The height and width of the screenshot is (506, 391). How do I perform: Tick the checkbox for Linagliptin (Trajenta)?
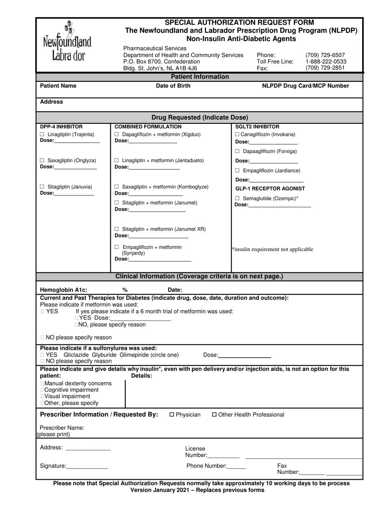(x=42, y=135)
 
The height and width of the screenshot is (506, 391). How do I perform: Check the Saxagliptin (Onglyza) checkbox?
(x=42, y=160)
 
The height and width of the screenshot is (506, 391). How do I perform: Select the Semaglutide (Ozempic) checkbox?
(x=237, y=198)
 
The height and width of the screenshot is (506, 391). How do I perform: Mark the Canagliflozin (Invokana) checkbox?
(x=237, y=135)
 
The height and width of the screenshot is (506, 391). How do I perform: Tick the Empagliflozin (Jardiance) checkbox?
(x=237, y=170)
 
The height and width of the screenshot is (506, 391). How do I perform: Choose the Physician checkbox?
(x=172, y=415)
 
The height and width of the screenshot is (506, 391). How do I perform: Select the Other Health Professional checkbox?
(x=214, y=415)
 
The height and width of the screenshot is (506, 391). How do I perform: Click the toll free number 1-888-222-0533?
(x=326, y=62)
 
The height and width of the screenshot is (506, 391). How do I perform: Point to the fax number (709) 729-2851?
(x=325, y=68)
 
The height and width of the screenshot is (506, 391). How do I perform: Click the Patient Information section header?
(x=200, y=77)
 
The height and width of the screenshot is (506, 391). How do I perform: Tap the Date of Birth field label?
(x=173, y=86)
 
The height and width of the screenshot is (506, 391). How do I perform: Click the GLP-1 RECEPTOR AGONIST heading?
(x=270, y=188)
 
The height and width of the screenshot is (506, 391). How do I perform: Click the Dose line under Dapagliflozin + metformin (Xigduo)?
(x=153, y=141)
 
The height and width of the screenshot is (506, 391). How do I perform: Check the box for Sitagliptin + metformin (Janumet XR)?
(x=116, y=229)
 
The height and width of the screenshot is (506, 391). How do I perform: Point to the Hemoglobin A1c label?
(x=63, y=290)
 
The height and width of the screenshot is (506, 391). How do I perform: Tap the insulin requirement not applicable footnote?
(x=272, y=249)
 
